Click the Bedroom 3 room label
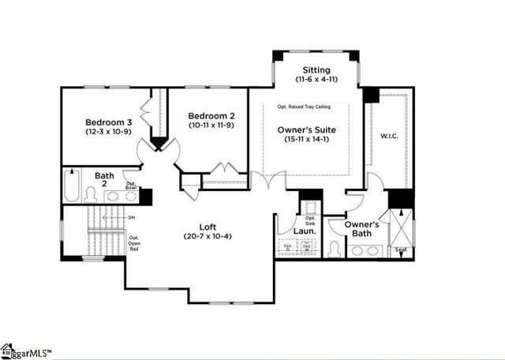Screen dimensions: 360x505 click(x=109, y=122)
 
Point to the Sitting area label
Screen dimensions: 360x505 click(x=312, y=70)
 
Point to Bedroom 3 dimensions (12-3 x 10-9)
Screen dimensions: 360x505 click(x=109, y=133)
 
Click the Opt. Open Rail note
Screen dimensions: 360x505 click(x=134, y=243)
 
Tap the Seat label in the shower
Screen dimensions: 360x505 click(x=401, y=250)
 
